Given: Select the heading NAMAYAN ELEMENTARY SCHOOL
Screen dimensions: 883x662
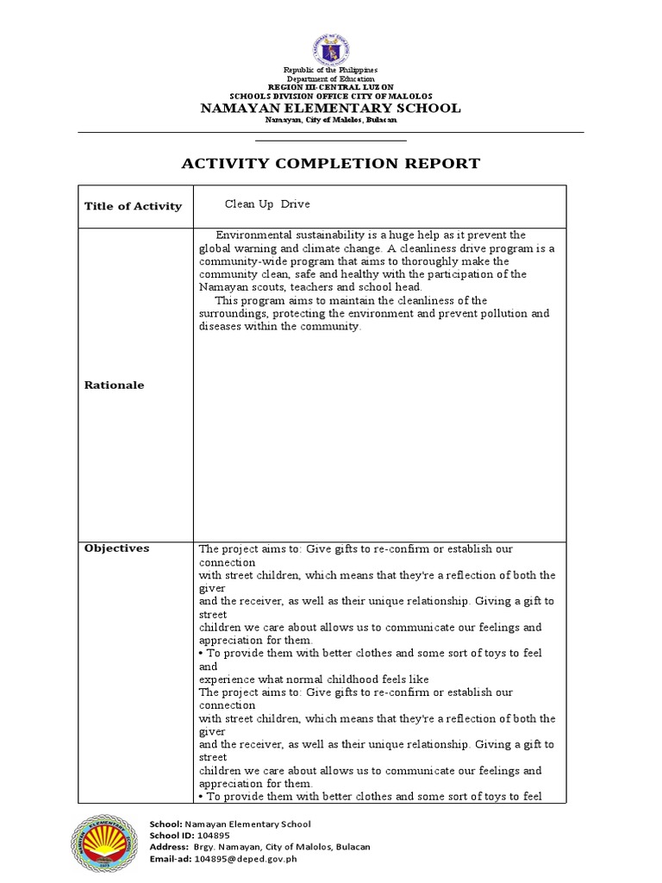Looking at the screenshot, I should pyautogui.click(x=331, y=108).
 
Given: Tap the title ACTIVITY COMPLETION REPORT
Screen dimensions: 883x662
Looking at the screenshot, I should pyautogui.click(x=330, y=163).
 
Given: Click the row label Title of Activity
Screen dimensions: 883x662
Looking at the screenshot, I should pyautogui.click(x=133, y=205).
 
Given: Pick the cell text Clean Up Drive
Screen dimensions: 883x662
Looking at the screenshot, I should pyautogui.click(x=267, y=204).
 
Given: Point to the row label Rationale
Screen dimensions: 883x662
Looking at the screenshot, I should pyautogui.click(x=114, y=385).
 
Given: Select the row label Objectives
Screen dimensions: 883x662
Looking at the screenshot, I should pyautogui.click(x=116, y=548).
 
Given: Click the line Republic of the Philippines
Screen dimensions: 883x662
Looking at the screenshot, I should pyautogui.click(x=331, y=69).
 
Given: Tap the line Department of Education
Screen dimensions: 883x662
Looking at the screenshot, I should pyautogui.click(x=331, y=78).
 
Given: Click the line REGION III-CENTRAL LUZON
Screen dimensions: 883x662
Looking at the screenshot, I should pyautogui.click(x=331, y=86).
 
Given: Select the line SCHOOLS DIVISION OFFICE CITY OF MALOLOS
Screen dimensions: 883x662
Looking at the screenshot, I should pyautogui.click(x=331, y=96).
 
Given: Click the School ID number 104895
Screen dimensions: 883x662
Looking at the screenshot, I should pyautogui.click(x=213, y=836).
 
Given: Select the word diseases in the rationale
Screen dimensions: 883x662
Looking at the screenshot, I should pyautogui.click(x=222, y=327).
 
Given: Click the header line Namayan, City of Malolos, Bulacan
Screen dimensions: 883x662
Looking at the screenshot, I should pyautogui.click(x=331, y=121).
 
